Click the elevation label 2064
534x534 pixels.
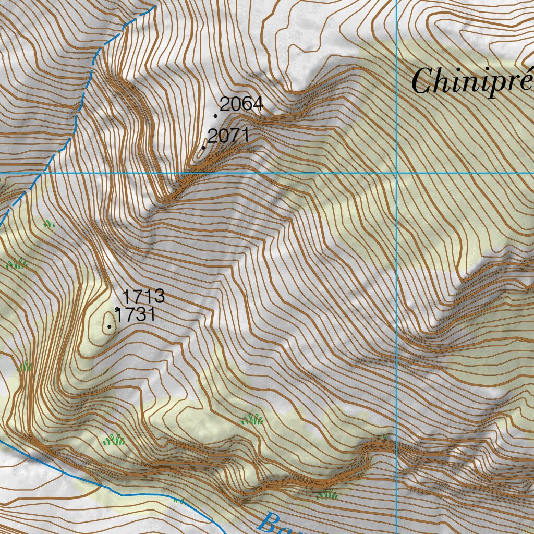click(241, 105)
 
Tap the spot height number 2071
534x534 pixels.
click(228, 136)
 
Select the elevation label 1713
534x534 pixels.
click(143, 297)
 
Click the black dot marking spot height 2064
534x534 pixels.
click(215, 116)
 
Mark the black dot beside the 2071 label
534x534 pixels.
click(203, 148)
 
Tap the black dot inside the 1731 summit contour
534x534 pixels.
click(109, 327)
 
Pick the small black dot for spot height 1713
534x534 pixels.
click(116, 309)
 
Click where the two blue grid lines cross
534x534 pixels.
click(397, 172)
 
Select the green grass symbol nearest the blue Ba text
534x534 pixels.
click(327, 493)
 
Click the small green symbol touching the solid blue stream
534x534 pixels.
click(179, 501)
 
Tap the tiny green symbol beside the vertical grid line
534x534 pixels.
click(385, 436)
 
